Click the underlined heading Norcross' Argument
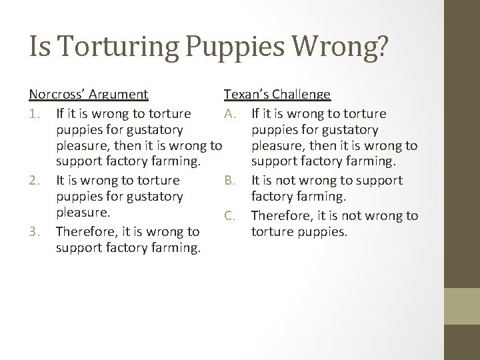(x=89, y=95)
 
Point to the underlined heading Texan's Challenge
(x=277, y=95)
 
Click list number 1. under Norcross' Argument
(x=36, y=114)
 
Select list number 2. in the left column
(x=36, y=180)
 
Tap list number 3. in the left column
(x=36, y=232)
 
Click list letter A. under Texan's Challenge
(x=230, y=114)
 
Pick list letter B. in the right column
(x=230, y=180)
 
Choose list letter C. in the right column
(x=230, y=215)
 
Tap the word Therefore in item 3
(x=87, y=232)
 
